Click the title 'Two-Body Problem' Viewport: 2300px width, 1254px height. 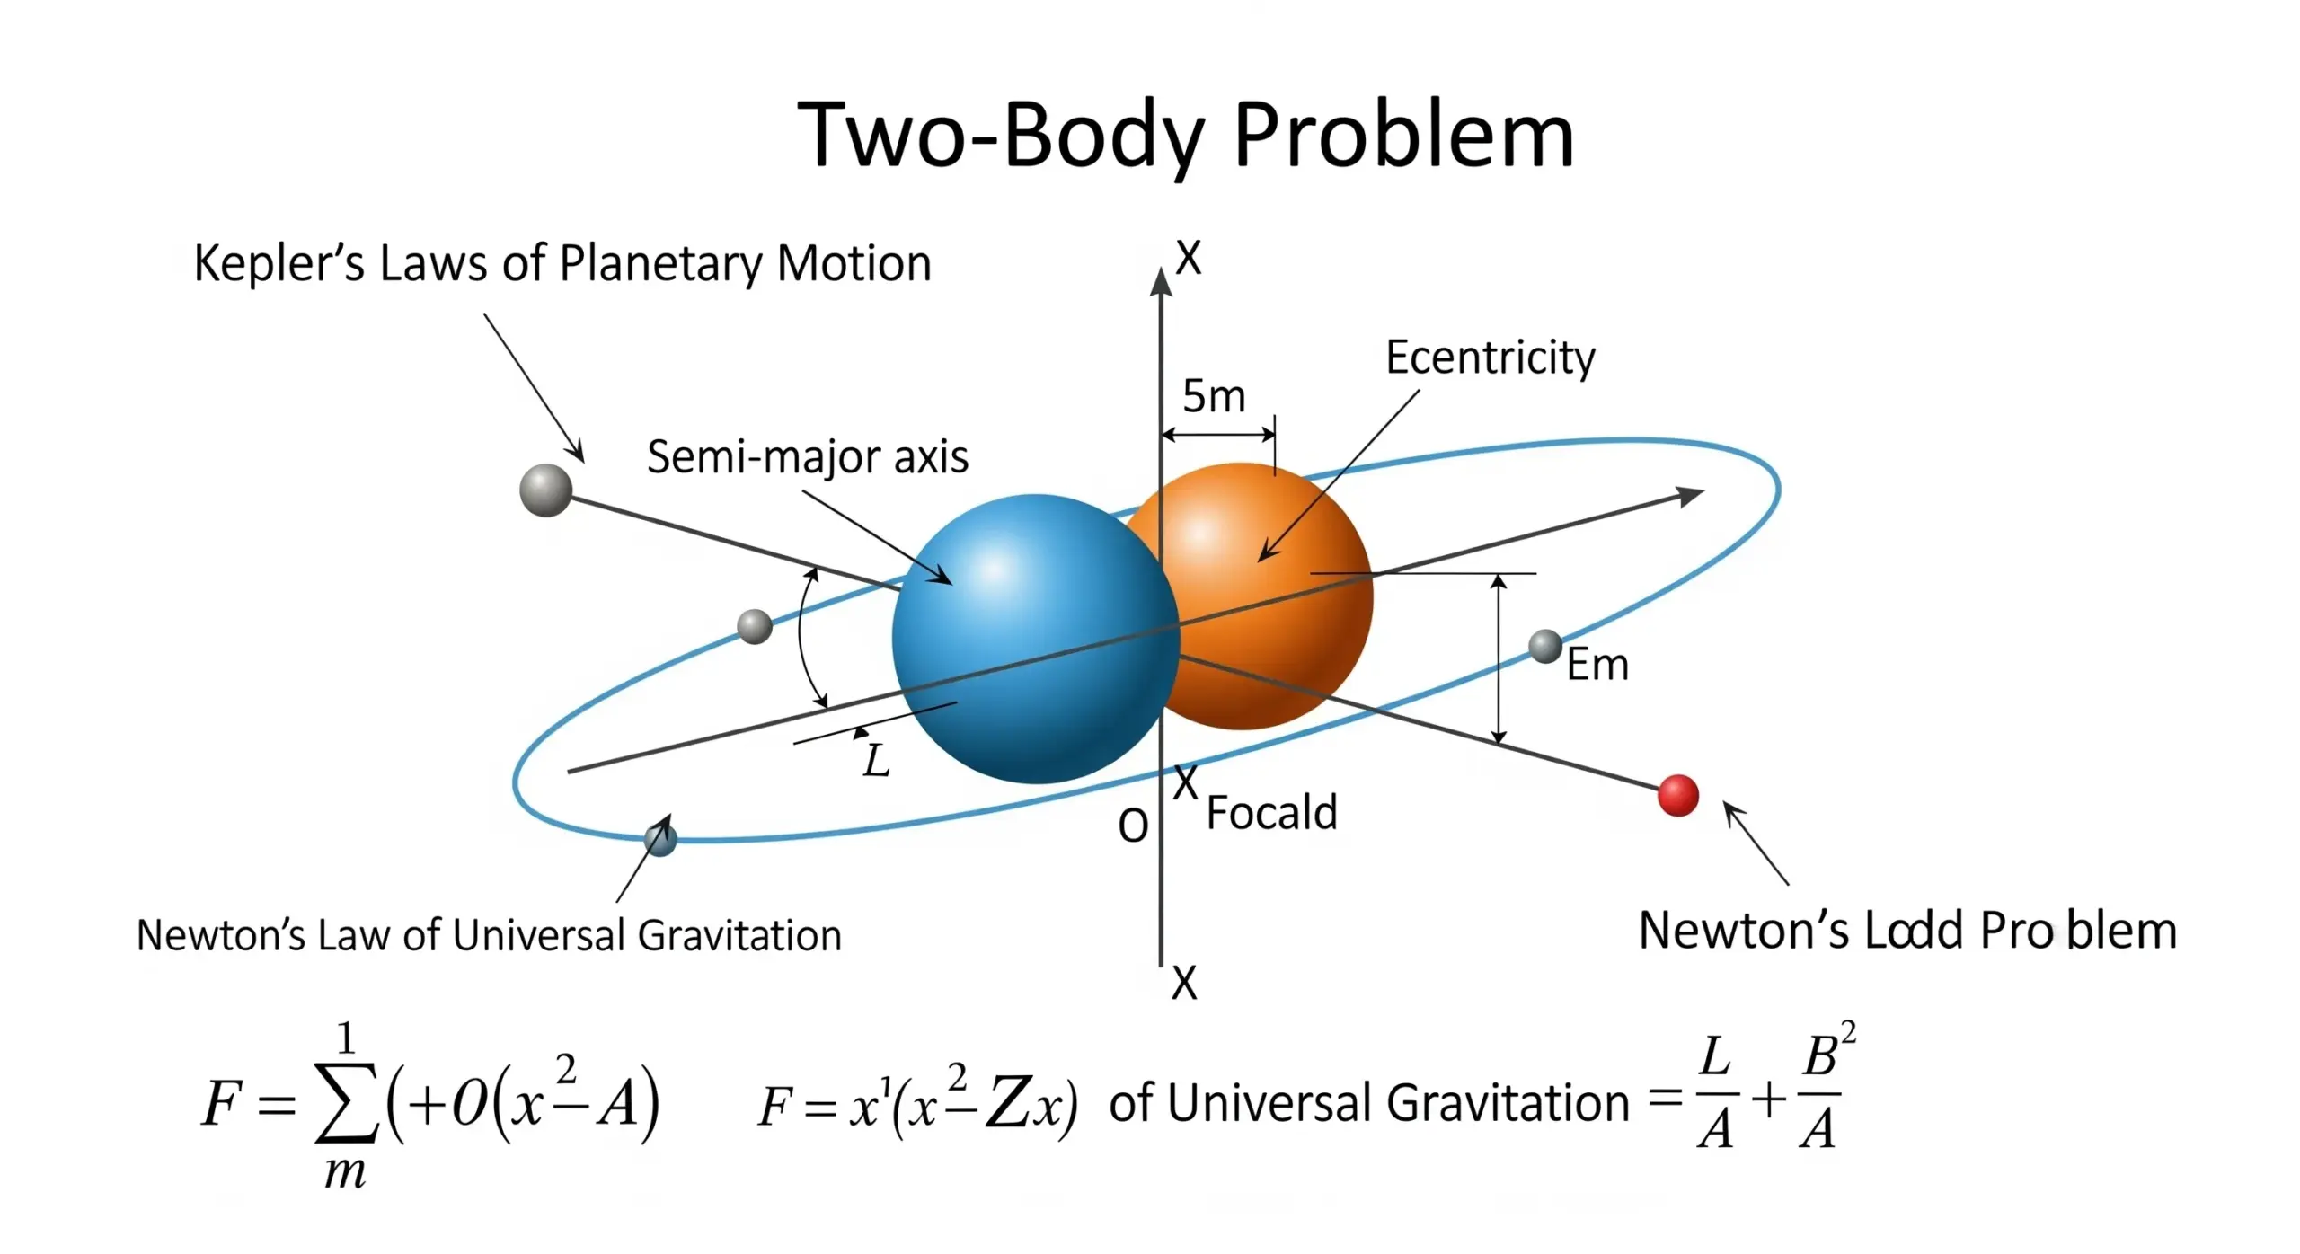tap(1185, 137)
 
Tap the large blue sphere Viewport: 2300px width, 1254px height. tap(1033, 638)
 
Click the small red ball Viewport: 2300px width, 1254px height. tap(1677, 795)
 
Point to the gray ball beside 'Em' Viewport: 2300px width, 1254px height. tap(1545, 646)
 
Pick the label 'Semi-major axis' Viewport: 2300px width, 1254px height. tap(807, 457)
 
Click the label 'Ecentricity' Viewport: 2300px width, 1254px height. tap(1490, 358)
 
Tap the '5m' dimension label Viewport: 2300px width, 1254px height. tap(1214, 396)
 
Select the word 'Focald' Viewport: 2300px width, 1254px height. tap(1271, 812)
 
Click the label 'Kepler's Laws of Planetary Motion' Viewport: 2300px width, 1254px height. tap(562, 263)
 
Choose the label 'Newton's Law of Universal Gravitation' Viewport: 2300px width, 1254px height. tap(489, 935)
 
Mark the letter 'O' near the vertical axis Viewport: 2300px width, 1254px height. tap(1133, 825)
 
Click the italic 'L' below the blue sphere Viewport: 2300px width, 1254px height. tap(876, 761)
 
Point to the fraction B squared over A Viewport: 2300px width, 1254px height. tap(1822, 1092)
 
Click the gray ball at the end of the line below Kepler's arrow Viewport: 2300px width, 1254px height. tap(545, 490)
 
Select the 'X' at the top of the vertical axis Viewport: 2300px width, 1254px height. tap(1188, 259)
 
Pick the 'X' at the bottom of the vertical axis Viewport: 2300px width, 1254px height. tap(1184, 984)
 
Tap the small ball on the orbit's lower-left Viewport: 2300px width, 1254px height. tap(660, 840)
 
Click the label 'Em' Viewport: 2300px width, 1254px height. tap(1597, 666)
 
